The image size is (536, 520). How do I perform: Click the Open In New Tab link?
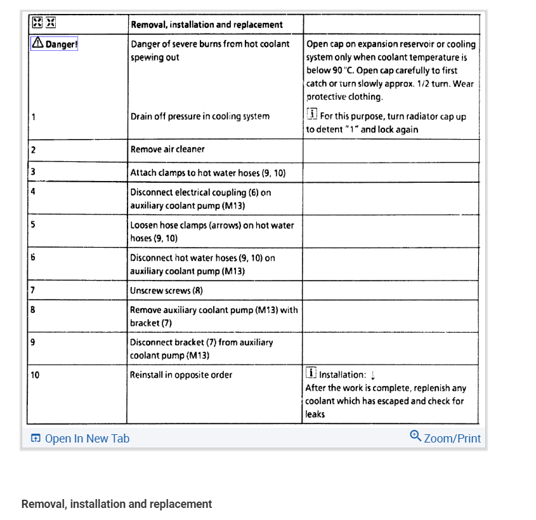click(x=87, y=439)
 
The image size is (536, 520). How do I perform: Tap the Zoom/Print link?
click(x=452, y=439)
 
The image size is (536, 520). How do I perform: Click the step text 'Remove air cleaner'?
click(x=167, y=149)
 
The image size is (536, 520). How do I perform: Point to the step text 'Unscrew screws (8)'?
click(x=166, y=291)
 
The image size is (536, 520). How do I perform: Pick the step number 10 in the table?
click(x=35, y=375)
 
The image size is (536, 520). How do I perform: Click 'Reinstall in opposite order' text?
click(x=181, y=375)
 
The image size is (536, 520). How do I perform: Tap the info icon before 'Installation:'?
click(x=311, y=373)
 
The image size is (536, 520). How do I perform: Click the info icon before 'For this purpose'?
click(x=311, y=115)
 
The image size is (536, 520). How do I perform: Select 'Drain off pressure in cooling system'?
click(x=200, y=116)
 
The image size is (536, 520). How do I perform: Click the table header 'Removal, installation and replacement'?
click(x=206, y=25)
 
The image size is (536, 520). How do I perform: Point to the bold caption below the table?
click(x=117, y=504)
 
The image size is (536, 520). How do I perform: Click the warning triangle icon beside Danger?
click(x=37, y=43)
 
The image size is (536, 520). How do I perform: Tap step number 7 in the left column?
click(x=32, y=291)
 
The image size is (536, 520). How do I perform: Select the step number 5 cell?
click(x=33, y=225)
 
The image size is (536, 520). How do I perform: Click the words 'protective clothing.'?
click(x=344, y=97)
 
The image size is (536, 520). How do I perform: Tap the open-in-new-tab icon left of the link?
click(x=36, y=439)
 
